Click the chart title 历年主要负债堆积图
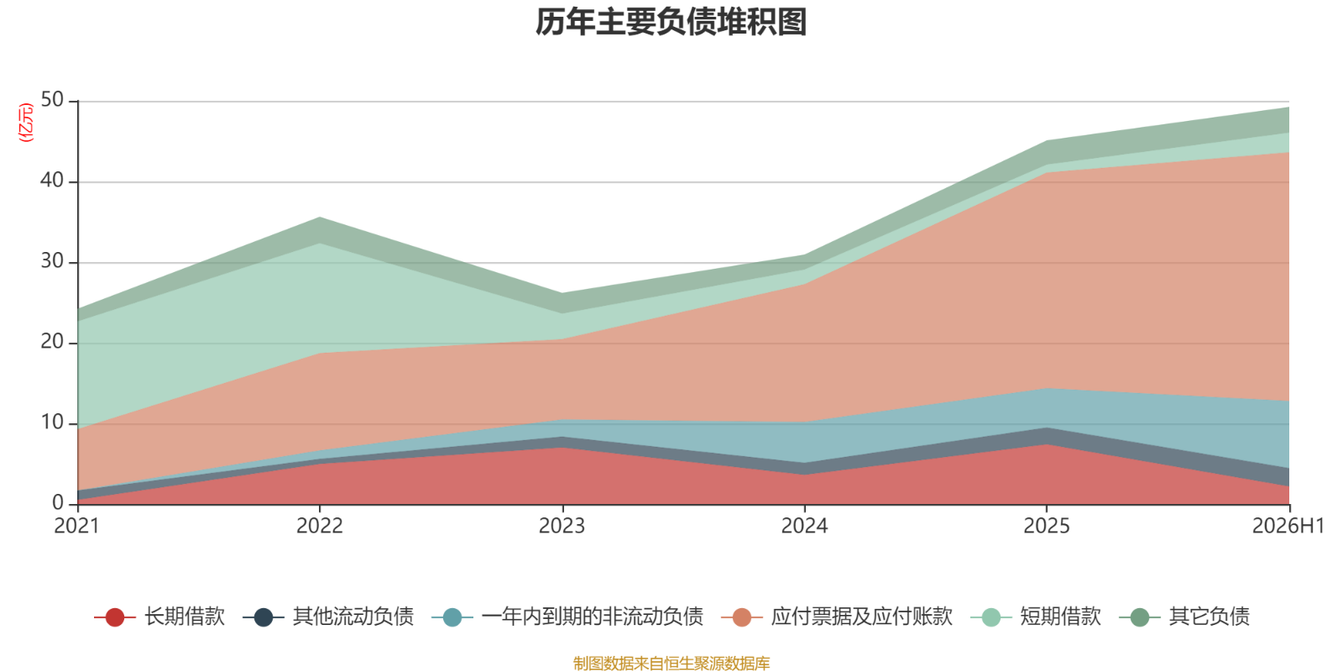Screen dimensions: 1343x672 tap(671, 22)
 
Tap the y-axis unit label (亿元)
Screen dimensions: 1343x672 tap(26, 123)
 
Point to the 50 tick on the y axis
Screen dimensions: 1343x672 tap(52, 100)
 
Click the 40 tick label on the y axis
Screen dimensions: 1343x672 tap(52, 180)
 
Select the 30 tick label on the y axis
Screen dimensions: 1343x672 tap(52, 261)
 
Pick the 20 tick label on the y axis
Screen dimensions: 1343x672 tap(52, 341)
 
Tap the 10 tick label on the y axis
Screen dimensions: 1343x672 tap(52, 423)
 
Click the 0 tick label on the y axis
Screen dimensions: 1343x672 tap(58, 502)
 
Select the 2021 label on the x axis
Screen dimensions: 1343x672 tap(76, 526)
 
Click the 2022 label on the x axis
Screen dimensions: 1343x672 tap(320, 526)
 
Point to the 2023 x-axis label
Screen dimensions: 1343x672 tap(562, 526)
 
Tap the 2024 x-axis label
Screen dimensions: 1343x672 tap(804, 526)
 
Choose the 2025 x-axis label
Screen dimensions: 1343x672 tap(1046, 526)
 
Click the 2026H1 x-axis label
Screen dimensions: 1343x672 tap(1288, 526)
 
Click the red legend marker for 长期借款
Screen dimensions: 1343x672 tap(114, 617)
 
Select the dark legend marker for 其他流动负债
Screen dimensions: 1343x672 tap(264, 617)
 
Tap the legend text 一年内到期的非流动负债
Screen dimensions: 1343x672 tap(593, 617)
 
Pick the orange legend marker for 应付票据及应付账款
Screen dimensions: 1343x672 tap(742, 617)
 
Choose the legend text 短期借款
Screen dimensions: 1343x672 tap(1061, 617)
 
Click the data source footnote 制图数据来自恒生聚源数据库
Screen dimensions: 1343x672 tap(671, 663)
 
